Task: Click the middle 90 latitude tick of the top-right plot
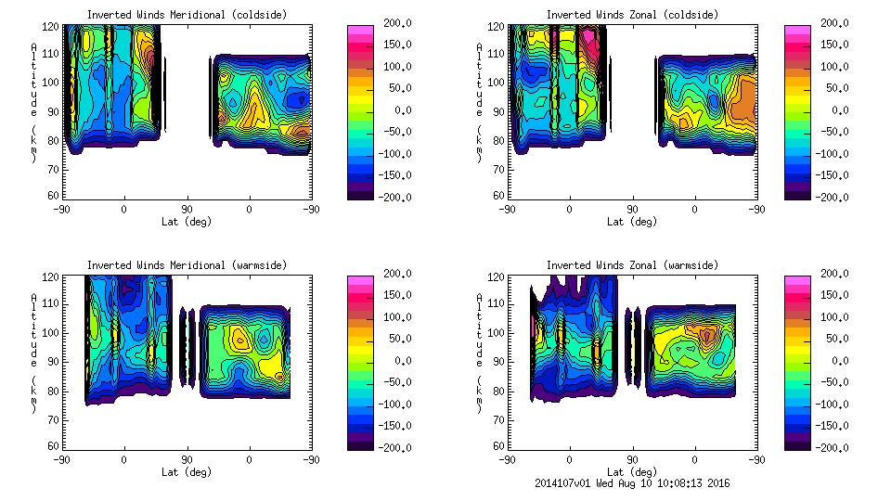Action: pyautogui.click(x=632, y=210)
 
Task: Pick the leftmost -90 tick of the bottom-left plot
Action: pyautogui.click(x=61, y=459)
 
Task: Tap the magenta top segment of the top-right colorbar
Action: pyautogui.click(x=796, y=31)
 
